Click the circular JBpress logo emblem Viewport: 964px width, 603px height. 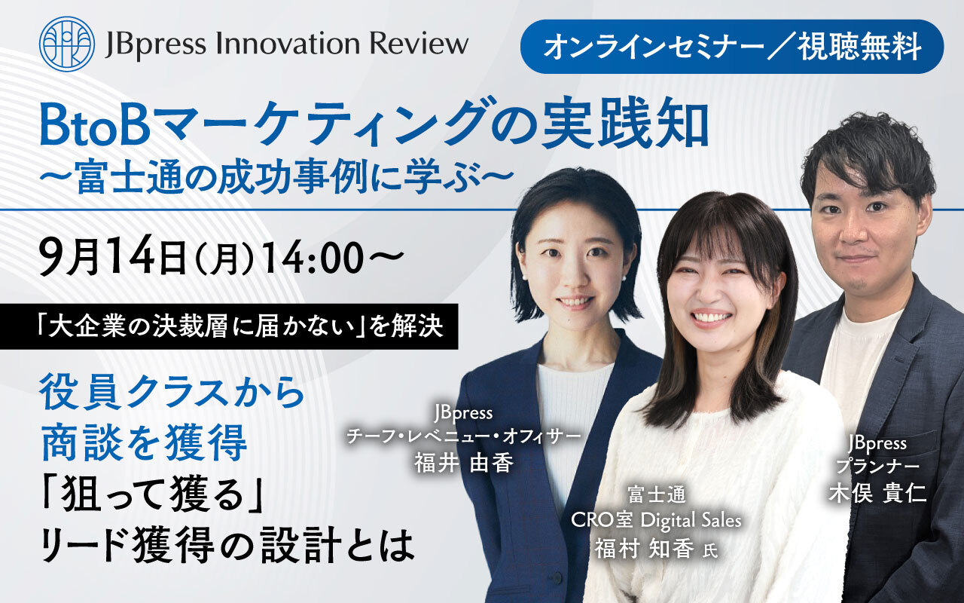[67, 44]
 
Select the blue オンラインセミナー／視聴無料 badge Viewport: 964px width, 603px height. [731, 47]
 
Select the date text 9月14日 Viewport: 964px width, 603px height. [112, 257]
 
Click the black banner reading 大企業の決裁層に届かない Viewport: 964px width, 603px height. [229, 326]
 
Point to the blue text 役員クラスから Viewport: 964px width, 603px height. [172, 393]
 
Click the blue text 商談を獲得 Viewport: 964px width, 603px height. [144, 442]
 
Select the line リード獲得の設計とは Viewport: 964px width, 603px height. [227, 545]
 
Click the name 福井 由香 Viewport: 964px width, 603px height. [463, 464]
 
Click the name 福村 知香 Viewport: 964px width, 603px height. [644, 549]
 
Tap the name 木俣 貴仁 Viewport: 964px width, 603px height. [878, 493]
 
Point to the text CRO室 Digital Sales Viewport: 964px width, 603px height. [656, 520]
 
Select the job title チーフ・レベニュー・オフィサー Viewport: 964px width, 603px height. [463, 438]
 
